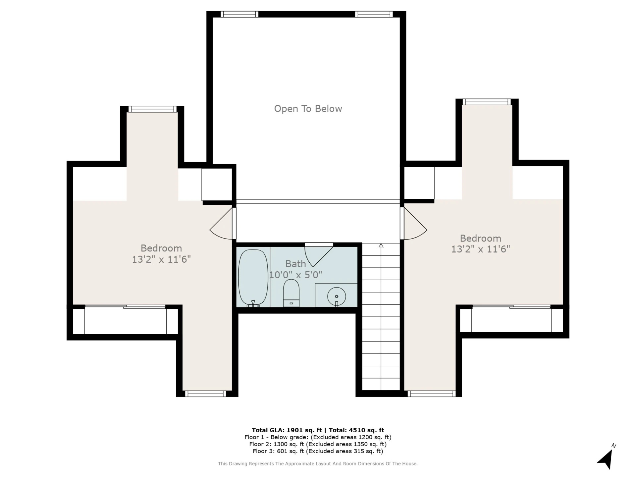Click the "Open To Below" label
[x=308, y=109]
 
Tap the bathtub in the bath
[x=253, y=277]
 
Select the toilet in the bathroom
[x=291, y=293]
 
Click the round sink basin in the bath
[x=337, y=296]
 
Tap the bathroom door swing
[x=319, y=255]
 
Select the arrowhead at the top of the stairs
[x=381, y=245]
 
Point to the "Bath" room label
[x=295, y=264]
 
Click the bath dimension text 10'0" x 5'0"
[x=296, y=275]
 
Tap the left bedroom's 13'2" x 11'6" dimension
[x=161, y=259]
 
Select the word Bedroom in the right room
[x=480, y=238]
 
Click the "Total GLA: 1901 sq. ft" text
[x=287, y=430]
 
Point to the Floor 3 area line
[x=318, y=451]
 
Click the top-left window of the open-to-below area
[x=239, y=14]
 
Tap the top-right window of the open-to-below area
[x=374, y=14]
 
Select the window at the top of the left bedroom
[x=153, y=109]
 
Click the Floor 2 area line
[x=318, y=444]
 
